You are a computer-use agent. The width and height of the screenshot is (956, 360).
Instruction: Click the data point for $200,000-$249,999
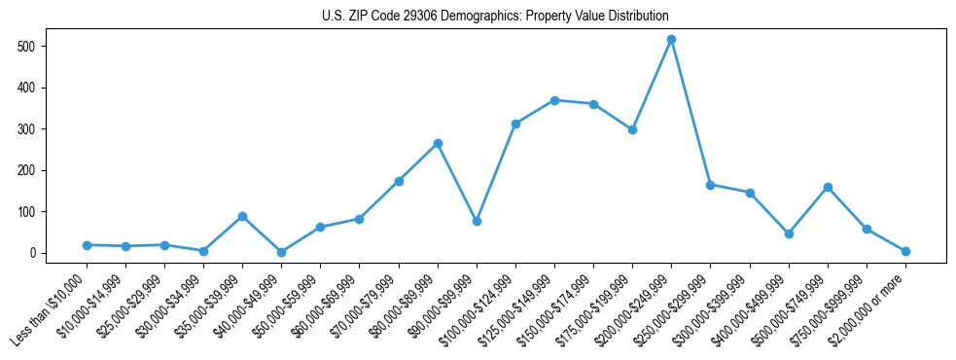pyautogui.click(x=671, y=39)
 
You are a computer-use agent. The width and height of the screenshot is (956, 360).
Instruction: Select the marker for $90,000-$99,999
pyautogui.click(x=477, y=222)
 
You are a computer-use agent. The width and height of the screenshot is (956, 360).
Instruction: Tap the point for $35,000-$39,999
pyautogui.click(x=242, y=216)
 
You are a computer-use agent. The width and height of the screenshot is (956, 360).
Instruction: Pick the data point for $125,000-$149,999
pyautogui.click(x=554, y=100)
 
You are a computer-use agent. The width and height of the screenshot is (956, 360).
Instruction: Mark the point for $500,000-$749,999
pyautogui.click(x=828, y=187)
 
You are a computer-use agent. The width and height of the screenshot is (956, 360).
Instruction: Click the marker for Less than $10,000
pyautogui.click(x=87, y=245)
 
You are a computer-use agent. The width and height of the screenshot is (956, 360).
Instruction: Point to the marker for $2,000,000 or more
pyautogui.click(x=905, y=251)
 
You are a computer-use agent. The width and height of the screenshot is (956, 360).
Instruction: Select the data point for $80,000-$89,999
pyautogui.click(x=438, y=143)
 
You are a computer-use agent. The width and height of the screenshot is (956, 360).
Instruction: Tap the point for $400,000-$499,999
pyautogui.click(x=789, y=234)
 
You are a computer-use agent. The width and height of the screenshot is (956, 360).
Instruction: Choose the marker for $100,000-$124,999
pyautogui.click(x=515, y=124)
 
